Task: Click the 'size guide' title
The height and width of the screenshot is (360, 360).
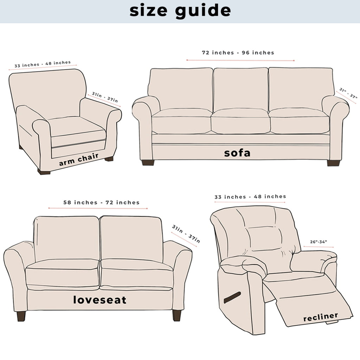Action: [180, 11]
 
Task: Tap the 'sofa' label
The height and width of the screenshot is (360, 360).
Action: [237, 153]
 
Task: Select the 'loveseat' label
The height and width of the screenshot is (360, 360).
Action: [100, 300]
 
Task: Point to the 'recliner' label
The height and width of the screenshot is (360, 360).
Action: [321, 317]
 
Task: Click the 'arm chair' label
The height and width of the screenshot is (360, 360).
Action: [79, 159]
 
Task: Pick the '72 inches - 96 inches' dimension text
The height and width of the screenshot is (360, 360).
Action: [238, 53]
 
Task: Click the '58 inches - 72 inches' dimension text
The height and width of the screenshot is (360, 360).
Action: [102, 202]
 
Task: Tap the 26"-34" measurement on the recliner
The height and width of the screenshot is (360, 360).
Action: [319, 242]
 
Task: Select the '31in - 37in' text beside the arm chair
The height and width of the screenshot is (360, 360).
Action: [105, 97]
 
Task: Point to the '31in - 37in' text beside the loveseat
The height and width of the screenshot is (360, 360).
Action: [186, 234]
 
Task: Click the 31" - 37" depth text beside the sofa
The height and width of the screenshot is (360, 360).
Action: [348, 93]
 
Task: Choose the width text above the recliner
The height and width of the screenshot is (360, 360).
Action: [250, 197]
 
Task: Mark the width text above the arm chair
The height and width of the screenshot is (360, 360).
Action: [43, 64]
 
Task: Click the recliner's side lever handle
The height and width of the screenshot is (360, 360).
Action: [232, 297]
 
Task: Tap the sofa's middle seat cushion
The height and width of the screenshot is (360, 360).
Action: [240, 121]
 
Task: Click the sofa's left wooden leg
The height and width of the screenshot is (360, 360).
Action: [148, 163]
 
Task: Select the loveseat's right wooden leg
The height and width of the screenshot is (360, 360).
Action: [177, 315]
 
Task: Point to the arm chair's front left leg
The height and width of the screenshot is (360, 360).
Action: [44, 172]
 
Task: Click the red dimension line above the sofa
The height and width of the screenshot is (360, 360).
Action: [240, 60]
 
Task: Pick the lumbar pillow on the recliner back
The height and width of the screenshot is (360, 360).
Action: [265, 238]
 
